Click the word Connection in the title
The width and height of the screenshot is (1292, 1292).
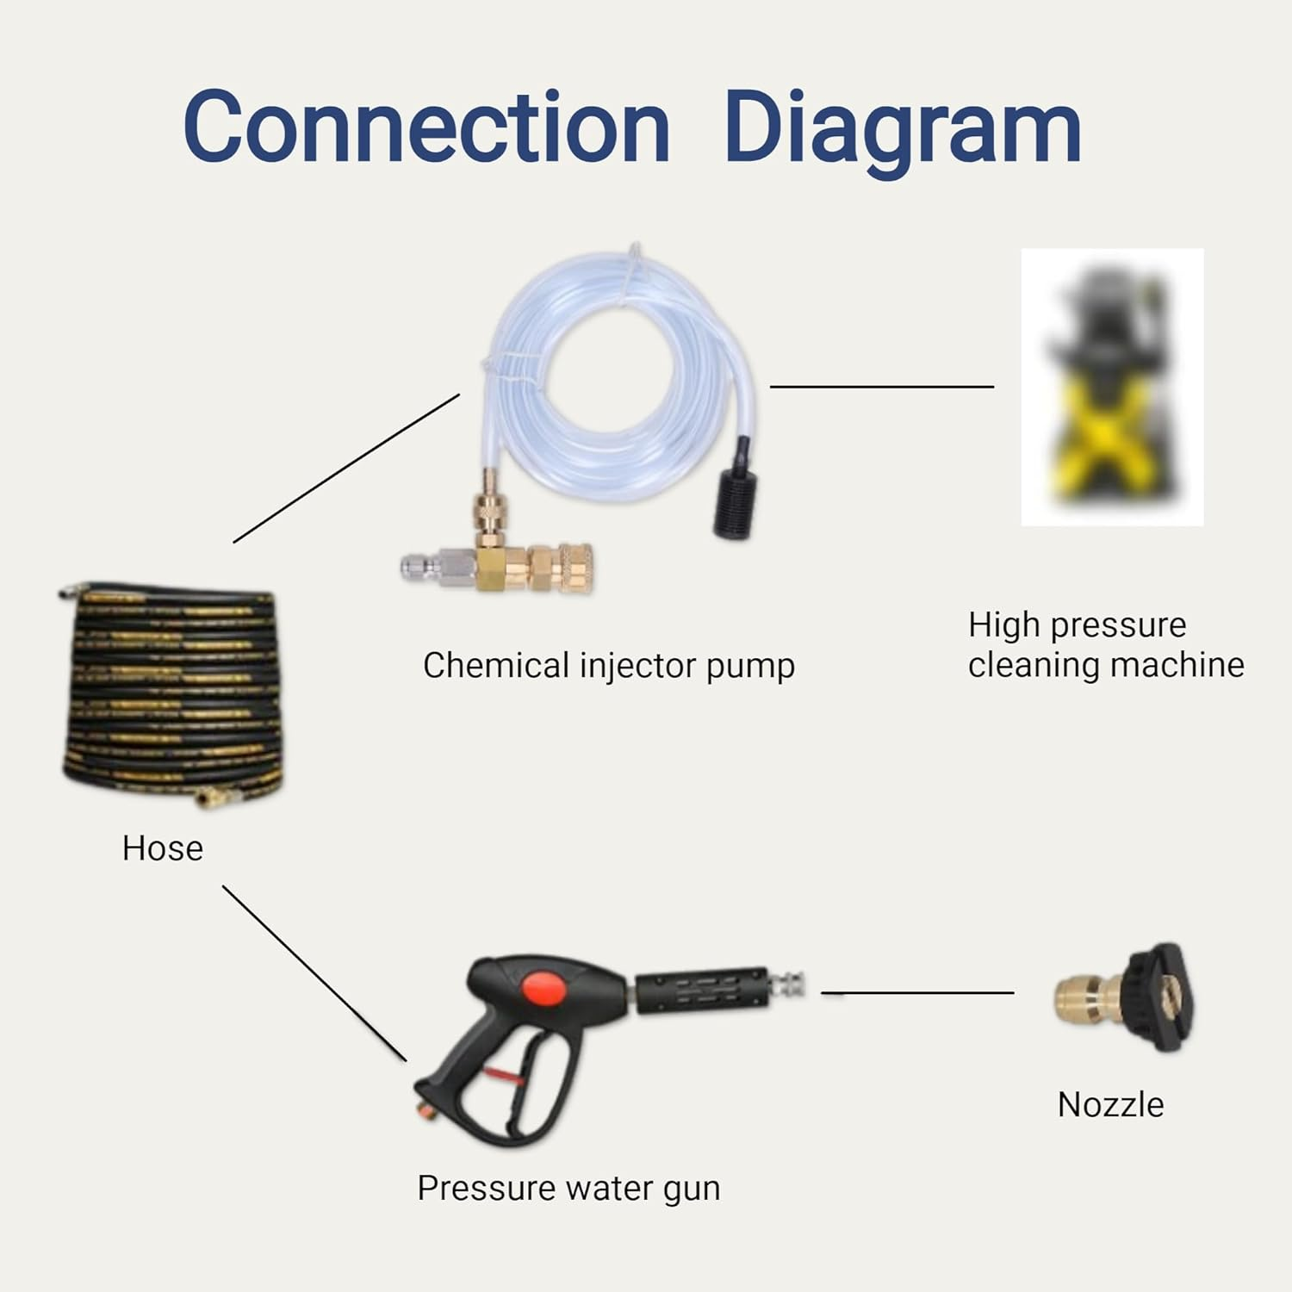click(x=426, y=127)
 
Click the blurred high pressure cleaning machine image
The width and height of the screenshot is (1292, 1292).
click(x=1111, y=388)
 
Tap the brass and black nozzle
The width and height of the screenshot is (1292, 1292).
click(x=1124, y=997)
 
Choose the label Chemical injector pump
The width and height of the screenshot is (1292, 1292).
click(x=608, y=666)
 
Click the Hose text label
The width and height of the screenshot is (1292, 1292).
click(x=163, y=848)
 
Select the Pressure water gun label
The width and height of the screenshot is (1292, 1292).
click(x=568, y=1188)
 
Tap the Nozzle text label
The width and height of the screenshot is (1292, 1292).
click(x=1110, y=1104)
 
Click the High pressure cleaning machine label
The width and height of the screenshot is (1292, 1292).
click(x=1105, y=644)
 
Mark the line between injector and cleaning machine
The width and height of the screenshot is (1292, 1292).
click(x=881, y=387)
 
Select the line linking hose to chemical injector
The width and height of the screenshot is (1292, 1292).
click(x=346, y=469)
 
